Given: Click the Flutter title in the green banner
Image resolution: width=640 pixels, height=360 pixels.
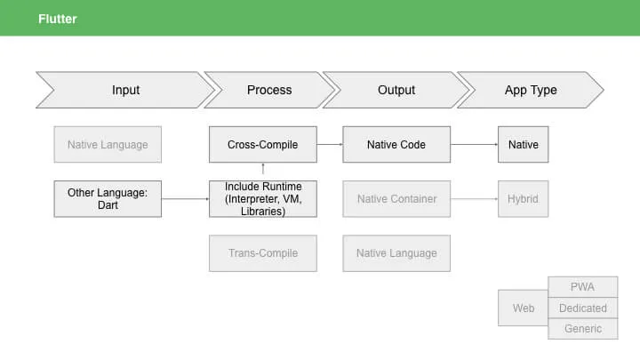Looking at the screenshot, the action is pos(58,19).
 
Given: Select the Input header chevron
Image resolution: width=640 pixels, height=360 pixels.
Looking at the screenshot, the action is pos(125,90).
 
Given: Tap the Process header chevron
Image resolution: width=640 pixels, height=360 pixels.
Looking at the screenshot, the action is pos(269,90).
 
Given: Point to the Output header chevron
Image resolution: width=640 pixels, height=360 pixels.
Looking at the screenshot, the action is pos(396,90).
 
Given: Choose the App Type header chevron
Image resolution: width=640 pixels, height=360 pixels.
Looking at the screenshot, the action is pos(531,90).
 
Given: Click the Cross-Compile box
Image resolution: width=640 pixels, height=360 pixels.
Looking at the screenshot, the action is pos(263,145).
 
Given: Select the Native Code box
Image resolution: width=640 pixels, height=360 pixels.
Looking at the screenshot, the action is pos(396,145).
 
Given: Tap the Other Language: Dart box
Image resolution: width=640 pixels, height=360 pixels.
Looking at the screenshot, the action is pos(108,199).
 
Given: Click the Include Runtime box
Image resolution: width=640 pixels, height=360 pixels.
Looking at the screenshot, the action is pos(263,199).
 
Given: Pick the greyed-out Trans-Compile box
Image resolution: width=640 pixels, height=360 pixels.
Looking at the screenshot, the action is pos(263,253).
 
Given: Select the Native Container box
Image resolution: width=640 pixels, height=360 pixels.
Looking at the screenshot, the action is pos(396,199).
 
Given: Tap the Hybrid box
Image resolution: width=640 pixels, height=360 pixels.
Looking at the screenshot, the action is pos(523,199).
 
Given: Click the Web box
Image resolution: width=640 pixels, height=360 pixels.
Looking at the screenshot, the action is pos(523,308).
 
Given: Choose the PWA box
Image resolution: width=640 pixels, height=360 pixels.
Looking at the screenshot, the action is pos(583,287).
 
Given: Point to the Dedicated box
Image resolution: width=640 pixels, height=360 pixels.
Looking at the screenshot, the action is pos(583,308).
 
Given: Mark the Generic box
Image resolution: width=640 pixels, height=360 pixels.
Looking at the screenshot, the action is pos(583,329).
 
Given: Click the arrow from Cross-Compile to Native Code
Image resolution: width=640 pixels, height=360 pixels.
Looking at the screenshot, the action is pos(330,145).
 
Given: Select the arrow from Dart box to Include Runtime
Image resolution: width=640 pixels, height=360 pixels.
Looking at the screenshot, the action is pos(185,199).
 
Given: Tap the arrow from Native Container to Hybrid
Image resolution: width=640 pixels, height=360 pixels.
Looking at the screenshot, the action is pos(475,199).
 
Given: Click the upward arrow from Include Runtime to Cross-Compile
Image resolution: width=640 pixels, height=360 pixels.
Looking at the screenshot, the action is pos(263,169).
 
